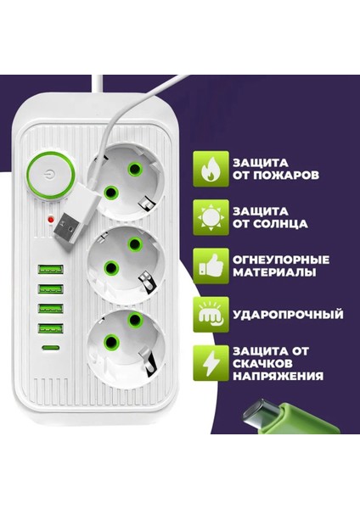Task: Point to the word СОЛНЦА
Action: coord(285,225)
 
